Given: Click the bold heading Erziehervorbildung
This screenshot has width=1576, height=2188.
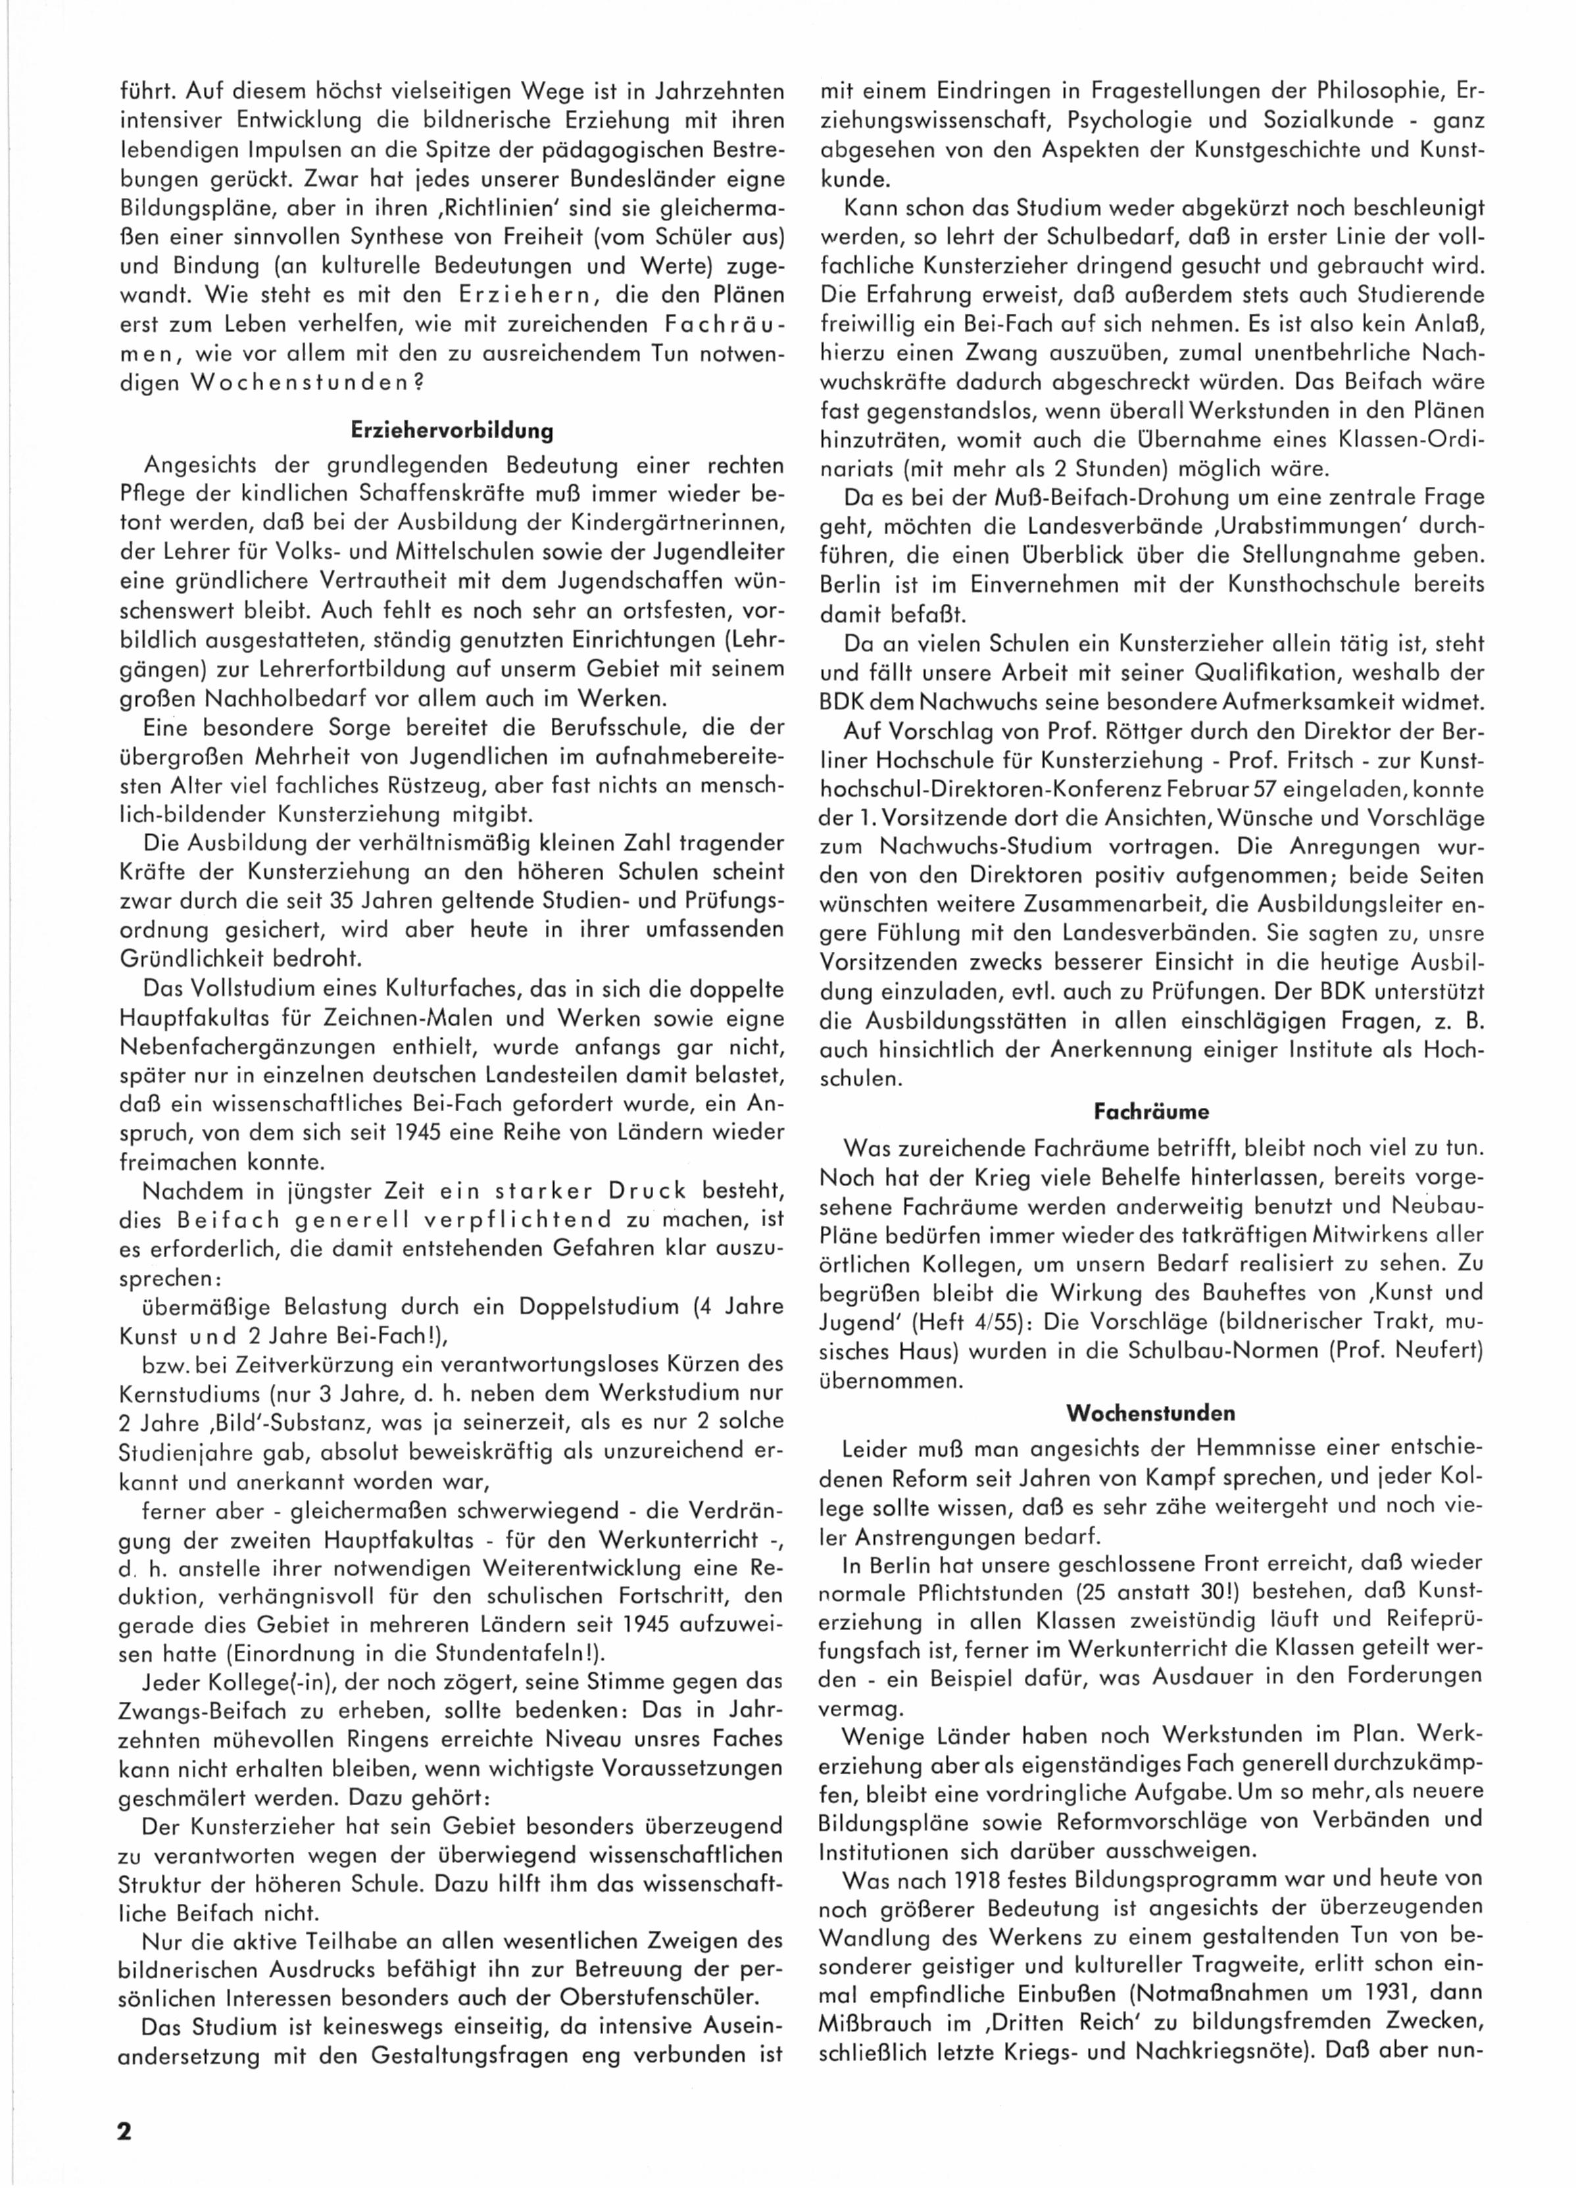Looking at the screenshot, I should point(451,430).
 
